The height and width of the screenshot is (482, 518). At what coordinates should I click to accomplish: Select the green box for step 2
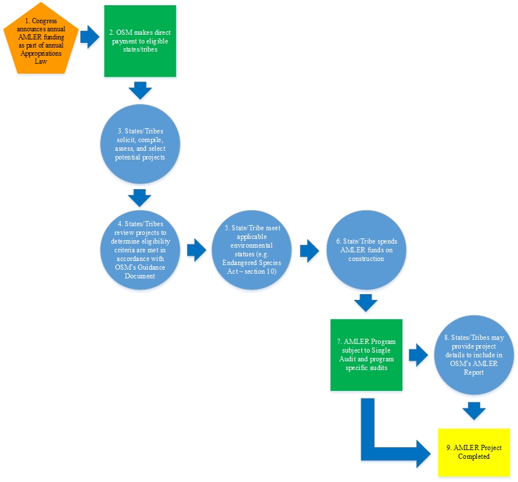(x=140, y=41)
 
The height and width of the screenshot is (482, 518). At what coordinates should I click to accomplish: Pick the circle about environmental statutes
(x=252, y=250)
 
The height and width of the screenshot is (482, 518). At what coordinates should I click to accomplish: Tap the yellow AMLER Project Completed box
(x=474, y=452)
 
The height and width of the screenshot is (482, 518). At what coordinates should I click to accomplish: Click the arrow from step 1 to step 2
(x=89, y=37)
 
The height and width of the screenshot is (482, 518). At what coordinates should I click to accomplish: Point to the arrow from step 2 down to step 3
(x=140, y=90)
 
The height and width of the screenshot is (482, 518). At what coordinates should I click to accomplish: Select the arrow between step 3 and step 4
(x=139, y=197)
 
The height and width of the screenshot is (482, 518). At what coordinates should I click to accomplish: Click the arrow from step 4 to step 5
(x=196, y=251)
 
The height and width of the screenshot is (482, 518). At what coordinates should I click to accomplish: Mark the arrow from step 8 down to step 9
(x=474, y=411)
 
